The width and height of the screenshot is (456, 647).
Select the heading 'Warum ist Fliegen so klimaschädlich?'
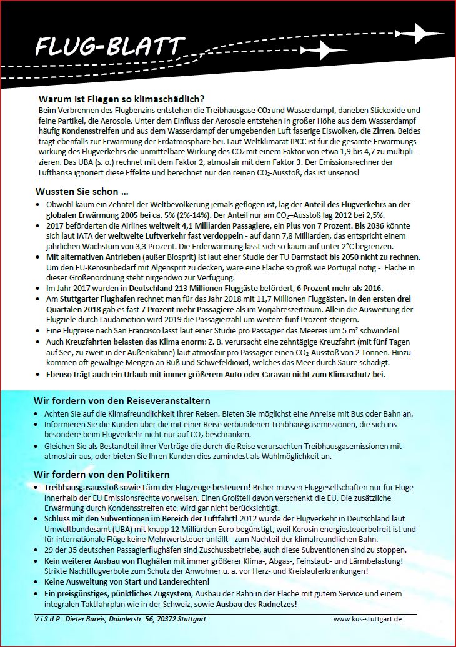point(122,99)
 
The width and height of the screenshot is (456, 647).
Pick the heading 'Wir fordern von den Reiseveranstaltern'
point(122,400)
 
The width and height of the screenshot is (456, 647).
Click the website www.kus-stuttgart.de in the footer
point(368,618)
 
